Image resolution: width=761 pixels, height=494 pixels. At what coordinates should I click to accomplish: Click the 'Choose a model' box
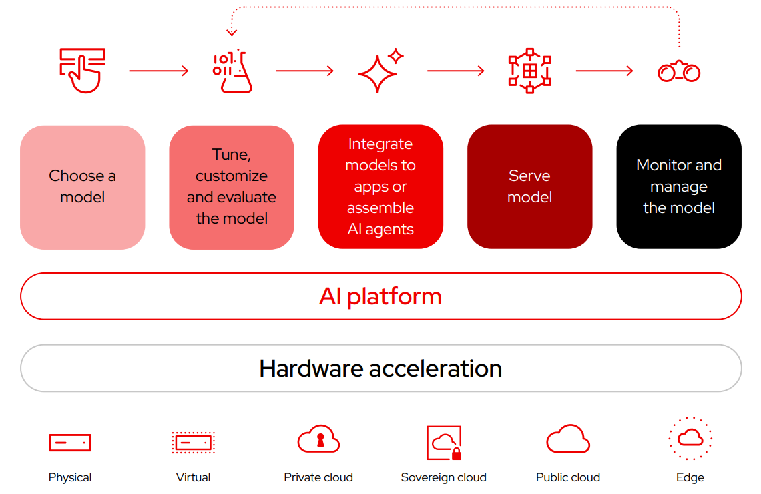[x=83, y=187]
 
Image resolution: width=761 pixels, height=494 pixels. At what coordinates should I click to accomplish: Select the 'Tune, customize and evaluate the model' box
[x=232, y=187]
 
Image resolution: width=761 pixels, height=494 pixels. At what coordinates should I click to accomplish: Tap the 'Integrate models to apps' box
[x=380, y=187]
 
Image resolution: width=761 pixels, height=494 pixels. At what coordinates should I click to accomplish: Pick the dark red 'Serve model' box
[x=530, y=187]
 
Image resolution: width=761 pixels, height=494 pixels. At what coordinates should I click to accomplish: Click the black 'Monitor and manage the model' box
[x=679, y=187]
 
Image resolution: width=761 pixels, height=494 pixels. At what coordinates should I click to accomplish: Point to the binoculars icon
[x=679, y=71]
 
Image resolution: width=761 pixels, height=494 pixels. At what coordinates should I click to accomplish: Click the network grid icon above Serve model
[x=530, y=71]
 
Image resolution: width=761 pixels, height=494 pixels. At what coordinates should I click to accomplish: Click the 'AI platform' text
[x=380, y=296]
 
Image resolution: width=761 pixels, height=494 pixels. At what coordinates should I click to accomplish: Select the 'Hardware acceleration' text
[x=380, y=368]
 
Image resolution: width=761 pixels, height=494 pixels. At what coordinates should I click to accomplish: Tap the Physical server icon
[x=70, y=442]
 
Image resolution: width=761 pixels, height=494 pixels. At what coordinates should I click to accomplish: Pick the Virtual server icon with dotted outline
[x=193, y=442]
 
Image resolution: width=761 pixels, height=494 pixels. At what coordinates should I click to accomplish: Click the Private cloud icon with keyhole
[x=318, y=440]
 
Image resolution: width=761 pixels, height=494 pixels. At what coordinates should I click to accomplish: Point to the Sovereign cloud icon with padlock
[x=444, y=443]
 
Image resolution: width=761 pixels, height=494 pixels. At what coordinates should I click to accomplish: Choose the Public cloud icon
[x=568, y=440]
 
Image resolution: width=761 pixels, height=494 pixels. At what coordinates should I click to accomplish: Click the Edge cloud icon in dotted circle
[x=690, y=439]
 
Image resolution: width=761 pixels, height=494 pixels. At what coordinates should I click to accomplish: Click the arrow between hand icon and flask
[x=159, y=71]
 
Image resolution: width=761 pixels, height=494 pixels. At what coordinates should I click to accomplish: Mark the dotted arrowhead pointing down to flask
[x=232, y=31]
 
